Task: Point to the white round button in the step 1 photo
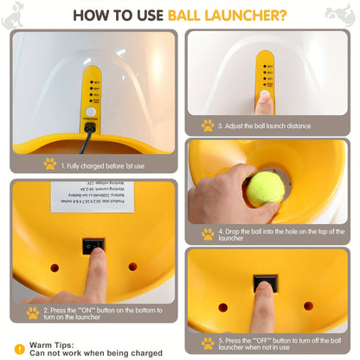pyautogui.click(x=90, y=112)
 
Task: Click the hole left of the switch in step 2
pyautogui.click(x=55, y=267)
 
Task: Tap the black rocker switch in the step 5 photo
pyautogui.click(x=264, y=285)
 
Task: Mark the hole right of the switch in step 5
pyautogui.click(x=308, y=305)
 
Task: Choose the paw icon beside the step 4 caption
pyautogui.click(x=208, y=234)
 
